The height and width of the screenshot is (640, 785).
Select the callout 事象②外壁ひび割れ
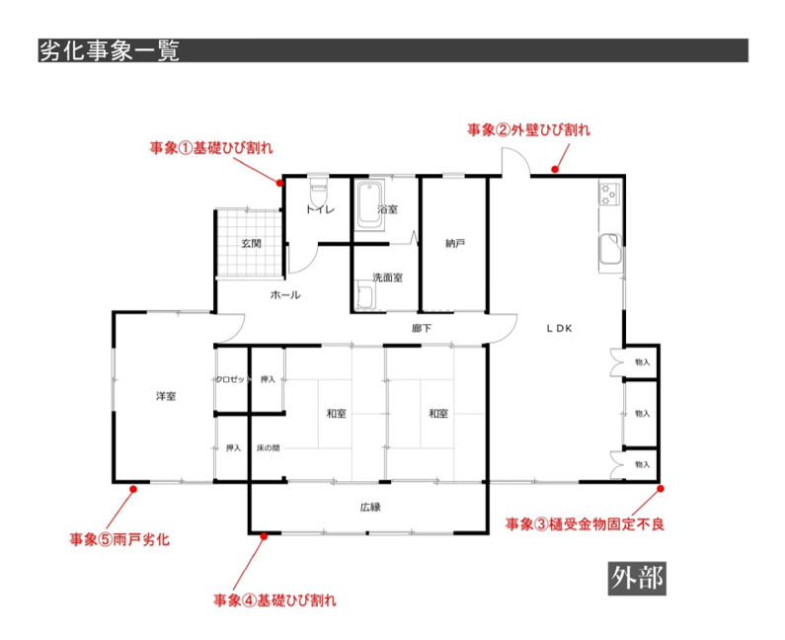pos(528,129)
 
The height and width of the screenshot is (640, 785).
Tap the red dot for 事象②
pos(555,171)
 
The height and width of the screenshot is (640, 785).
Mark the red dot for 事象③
pos(659,488)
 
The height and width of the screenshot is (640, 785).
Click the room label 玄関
pos(251,243)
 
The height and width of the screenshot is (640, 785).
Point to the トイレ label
pos(319,209)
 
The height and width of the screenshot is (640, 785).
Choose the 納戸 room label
pos(454,243)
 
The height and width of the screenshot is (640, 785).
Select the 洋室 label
pos(165,396)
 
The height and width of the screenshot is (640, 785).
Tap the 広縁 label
pos(370,507)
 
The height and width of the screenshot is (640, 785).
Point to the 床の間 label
pos(268,447)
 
